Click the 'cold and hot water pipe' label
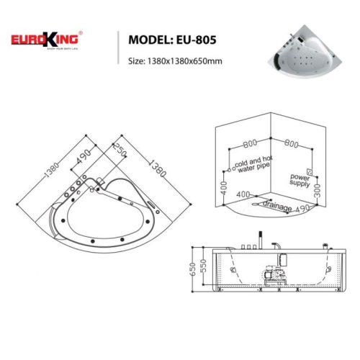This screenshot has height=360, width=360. tap(253, 166)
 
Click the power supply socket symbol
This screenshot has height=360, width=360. tap(309, 171)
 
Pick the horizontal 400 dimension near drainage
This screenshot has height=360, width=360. tap(242, 194)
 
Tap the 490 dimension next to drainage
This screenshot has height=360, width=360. tap(303, 206)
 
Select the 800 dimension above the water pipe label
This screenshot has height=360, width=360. tap(249, 143)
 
